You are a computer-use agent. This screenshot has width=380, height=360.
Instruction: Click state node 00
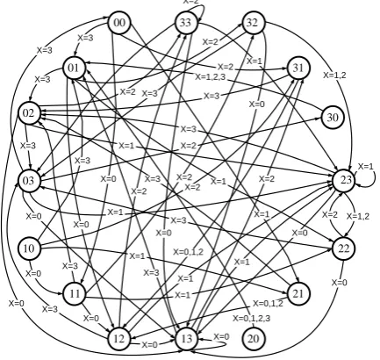point(119,23)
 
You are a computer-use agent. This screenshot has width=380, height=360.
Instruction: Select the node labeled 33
point(186,23)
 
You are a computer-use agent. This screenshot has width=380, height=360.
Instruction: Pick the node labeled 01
point(74,68)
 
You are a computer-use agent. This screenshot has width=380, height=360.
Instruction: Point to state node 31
point(298,68)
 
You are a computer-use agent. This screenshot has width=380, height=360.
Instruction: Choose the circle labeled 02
point(29,113)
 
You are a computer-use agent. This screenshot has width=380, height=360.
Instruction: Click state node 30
point(333,118)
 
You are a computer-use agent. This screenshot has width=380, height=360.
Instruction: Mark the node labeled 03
point(29,181)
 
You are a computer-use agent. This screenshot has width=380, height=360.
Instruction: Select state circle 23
point(344,180)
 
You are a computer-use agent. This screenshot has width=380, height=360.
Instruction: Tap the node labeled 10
point(29,248)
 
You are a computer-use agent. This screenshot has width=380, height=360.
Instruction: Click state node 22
point(343,248)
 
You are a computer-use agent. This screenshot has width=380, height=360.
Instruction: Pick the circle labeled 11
point(74,293)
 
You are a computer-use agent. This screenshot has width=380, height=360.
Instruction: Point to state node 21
point(298,293)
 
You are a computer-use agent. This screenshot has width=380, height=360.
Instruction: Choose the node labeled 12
point(119,339)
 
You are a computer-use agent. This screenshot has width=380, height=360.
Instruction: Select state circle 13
point(186,339)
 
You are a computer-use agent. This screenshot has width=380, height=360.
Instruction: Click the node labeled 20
point(254,339)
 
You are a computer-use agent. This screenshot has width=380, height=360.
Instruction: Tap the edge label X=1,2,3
point(211,77)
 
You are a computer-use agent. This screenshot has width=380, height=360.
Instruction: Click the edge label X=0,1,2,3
point(252,318)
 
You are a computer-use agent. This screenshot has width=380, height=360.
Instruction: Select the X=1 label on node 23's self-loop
point(366,166)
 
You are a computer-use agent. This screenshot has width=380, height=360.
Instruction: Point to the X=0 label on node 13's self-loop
point(221,337)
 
